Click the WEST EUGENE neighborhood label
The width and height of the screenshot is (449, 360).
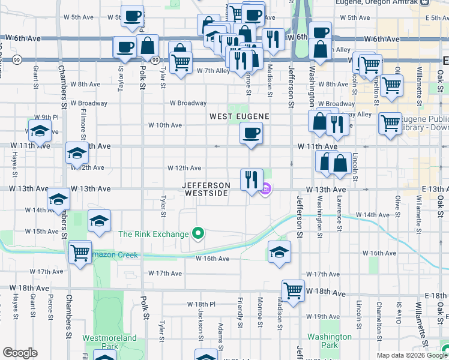tap(238, 115)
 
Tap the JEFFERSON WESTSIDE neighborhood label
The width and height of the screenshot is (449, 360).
tap(206, 189)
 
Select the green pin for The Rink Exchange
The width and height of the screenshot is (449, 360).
tap(197, 233)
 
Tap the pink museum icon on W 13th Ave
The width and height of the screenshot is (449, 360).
tap(265, 190)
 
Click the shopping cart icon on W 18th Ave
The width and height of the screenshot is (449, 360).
tap(294, 291)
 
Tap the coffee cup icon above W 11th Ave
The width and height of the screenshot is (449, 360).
tap(251, 133)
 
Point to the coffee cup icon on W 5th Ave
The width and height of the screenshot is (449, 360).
tap(132, 16)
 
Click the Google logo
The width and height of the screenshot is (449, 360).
tap(20, 353)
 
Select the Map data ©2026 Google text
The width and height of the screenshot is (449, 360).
tap(411, 355)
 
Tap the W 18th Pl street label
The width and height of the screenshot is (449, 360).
tap(200, 304)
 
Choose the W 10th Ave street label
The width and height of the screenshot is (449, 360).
tap(165, 125)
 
